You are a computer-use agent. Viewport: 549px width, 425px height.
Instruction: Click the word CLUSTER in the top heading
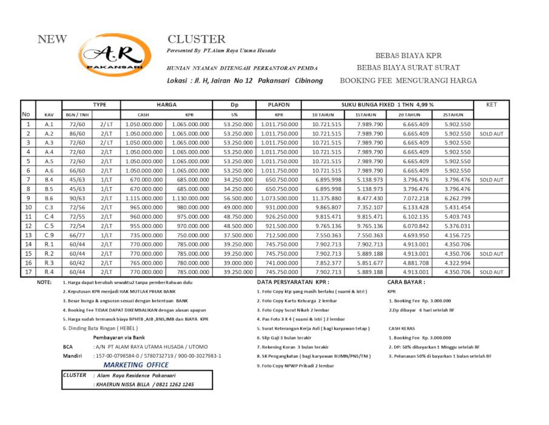(196, 39)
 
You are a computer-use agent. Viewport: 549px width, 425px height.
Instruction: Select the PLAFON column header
(279, 104)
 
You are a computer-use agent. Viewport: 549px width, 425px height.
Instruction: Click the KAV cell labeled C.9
(50, 235)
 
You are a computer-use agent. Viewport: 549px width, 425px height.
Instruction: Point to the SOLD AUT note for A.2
(491, 133)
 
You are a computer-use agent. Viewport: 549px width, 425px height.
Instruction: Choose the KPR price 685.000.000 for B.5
(190, 189)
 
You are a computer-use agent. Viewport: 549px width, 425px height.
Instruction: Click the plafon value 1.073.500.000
(279, 198)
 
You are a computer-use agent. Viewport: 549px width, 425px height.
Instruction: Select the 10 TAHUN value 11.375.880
(326, 198)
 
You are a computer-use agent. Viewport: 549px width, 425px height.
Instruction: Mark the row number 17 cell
(27, 272)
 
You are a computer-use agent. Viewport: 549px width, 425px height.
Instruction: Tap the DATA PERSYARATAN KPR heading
(294, 282)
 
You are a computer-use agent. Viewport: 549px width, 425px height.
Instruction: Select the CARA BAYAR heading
(406, 282)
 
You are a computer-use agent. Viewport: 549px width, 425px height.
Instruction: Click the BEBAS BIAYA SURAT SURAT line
(408, 67)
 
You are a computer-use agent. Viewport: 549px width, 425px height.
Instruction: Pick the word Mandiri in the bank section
(72, 356)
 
